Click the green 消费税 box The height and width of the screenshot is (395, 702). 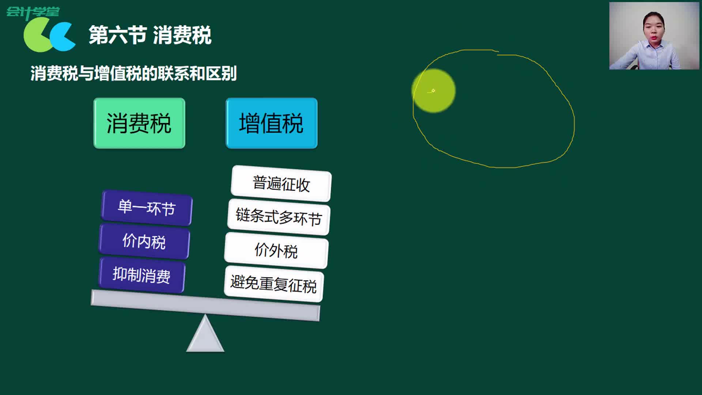coord(139,123)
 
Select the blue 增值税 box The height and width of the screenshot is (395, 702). coord(271,123)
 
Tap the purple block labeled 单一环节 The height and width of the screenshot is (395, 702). coord(147,208)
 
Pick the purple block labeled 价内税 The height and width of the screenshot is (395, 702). coord(144,241)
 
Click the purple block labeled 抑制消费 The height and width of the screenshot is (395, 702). coord(141,275)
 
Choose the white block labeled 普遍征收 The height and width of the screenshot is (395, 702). coord(281,184)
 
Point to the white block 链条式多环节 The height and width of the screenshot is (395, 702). coord(279,217)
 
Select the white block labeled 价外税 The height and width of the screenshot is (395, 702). coord(276,251)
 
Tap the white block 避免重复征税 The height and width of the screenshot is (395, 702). coord(274,284)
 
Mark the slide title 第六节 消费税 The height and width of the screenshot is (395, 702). coord(150,35)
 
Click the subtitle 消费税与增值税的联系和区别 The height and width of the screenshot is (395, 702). coord(133,74)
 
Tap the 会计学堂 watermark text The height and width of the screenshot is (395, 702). coord(33,12)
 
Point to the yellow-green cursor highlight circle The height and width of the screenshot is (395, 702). coord(434,91)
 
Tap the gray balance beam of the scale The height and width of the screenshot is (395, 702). coord(205,305)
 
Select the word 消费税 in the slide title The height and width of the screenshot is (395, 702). coord(182,35)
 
